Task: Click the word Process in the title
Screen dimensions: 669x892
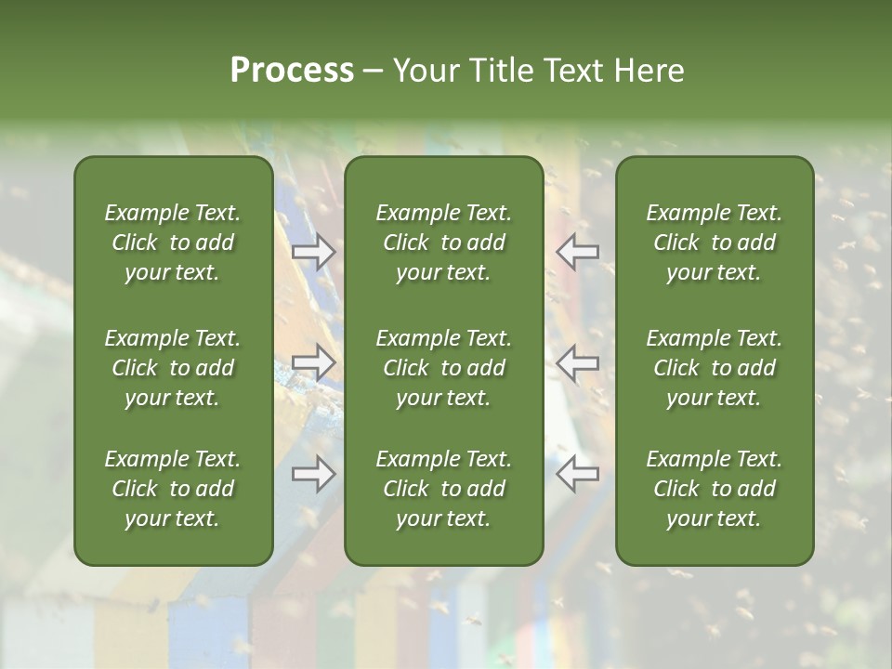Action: (x=292, y=70)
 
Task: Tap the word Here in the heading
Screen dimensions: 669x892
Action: (x=649, y=70)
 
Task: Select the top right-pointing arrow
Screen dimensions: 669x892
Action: (x=313, y=253)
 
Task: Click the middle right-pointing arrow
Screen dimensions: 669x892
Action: (x=313, y=362)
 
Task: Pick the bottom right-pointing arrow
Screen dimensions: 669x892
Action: (x=313, y=474)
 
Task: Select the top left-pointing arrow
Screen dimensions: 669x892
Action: (x=578, y=253)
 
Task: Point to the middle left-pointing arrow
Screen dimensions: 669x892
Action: (x=578, y=362)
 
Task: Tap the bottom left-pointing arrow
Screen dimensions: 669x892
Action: (x=578, y=474)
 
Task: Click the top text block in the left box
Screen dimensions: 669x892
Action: (x=173, y=243)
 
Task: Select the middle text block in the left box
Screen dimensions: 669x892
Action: (x=173, y=368)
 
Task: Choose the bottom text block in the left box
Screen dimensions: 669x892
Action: (x=173, y=489)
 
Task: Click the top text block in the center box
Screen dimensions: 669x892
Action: (x=444, y=243)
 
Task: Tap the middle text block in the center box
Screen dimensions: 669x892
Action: (x=444, y=368)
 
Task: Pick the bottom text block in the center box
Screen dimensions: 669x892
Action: (x=444, y=489)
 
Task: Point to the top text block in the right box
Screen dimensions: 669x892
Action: (x=715, y=243)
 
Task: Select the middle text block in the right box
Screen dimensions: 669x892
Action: (x=715, y=368)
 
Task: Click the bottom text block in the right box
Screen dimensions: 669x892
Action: (x=715, y=489)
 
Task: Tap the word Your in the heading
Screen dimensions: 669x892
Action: (x=425, y=70)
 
